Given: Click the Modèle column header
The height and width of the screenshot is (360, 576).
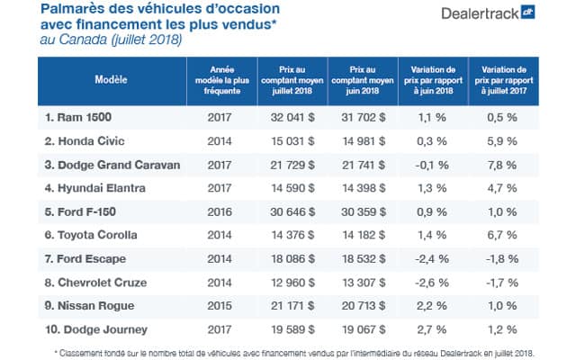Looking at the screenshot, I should pyautogui.click(x=110, y=78).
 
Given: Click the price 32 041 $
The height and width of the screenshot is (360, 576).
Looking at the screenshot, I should pyautogui.click(x=284, y=118).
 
